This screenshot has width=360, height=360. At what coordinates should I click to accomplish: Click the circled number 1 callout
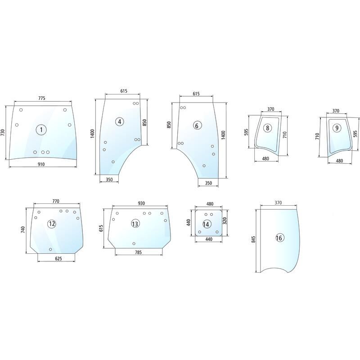tap(41, 130)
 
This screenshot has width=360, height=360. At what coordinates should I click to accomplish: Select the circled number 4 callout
tap(120, 121)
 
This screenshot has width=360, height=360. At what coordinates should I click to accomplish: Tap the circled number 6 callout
tap(197, 126)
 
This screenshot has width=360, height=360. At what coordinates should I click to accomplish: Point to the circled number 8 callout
tap(267, 128)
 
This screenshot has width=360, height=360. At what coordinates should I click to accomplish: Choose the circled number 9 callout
tap(337, 128)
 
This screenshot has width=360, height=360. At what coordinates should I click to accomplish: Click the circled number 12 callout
tap(52, 224)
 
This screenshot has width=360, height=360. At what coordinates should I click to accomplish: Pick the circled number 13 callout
tap(135, 224)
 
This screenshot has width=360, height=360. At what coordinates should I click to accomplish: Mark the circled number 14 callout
tap(206, 224)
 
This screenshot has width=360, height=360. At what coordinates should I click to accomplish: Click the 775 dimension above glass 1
tap(41, 98)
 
